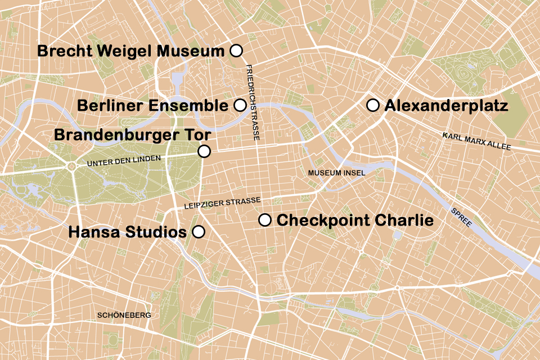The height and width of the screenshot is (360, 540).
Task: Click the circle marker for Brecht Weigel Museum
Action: [x=237, y=51]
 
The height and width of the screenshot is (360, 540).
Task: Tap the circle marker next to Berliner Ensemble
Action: [x=240, y=105]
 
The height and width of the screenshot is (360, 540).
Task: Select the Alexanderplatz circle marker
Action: [x=372, y=105]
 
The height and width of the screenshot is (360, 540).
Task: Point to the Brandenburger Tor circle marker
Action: [x=204, y=151]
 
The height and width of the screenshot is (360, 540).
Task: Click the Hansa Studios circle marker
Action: [x=199, y=232]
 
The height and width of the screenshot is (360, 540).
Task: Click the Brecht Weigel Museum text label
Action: [x=131, y=51]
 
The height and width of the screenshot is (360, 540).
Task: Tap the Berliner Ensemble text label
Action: [x=152, y=106]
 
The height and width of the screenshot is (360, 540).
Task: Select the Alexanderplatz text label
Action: [x=446, y=106]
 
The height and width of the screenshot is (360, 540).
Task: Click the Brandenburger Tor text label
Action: [x=132, y=136]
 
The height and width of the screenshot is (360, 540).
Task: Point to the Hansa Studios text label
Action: [x=127, y=232]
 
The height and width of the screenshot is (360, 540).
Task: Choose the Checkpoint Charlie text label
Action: [x=355, y=220]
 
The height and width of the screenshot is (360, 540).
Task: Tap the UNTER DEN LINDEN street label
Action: [x=128, y=161]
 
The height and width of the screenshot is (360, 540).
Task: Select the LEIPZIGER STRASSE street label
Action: [x=222, y=203]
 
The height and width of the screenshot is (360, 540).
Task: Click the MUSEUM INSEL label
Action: [x=337, y=173]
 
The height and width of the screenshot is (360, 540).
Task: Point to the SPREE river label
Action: [x=461, y=218]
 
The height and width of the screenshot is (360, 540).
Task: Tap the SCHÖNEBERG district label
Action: [x=124, y=316]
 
